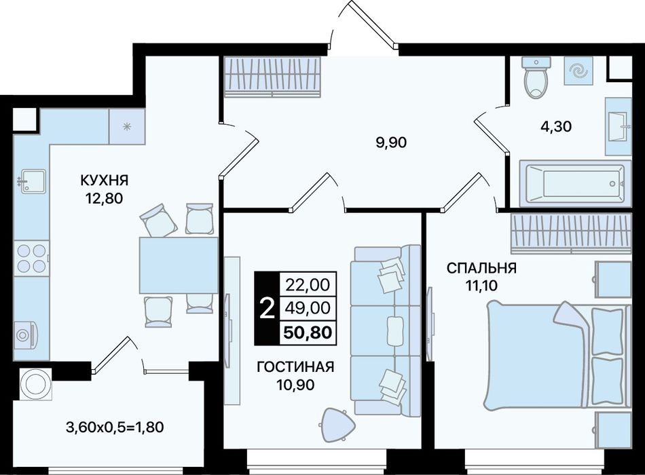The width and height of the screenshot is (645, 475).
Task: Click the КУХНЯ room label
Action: pos(104,180)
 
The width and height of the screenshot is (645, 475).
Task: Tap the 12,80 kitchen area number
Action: pos(104,199)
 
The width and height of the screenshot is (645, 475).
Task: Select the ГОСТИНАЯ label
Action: pos(295,366)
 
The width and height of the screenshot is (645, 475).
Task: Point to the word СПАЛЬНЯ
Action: pos(481,268)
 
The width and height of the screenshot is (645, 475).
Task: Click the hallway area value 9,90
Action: pos(391,142)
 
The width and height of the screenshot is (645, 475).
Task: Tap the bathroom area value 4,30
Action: pos(556,126)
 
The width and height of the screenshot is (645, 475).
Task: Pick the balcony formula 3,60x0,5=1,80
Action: pos(115,427)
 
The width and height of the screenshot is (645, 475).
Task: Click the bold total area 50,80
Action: pos(308,332)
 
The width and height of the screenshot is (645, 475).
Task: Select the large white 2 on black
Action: pos(268,309)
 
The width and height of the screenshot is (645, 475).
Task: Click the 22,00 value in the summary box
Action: pos(308,284)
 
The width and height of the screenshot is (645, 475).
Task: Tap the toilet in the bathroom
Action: pos(536,78)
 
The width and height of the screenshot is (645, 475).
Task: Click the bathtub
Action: pos(575,183)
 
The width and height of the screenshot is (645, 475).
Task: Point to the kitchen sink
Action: pos(32,181)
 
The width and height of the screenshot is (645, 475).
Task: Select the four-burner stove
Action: pos(32,259)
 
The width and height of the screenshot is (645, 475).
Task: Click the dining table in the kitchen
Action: pos(179,265)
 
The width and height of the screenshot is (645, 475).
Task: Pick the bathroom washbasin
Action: pos(619,127)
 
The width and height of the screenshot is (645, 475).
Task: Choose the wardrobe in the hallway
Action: pos(272,77)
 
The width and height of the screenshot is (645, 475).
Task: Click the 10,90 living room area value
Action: pos(295,385)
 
